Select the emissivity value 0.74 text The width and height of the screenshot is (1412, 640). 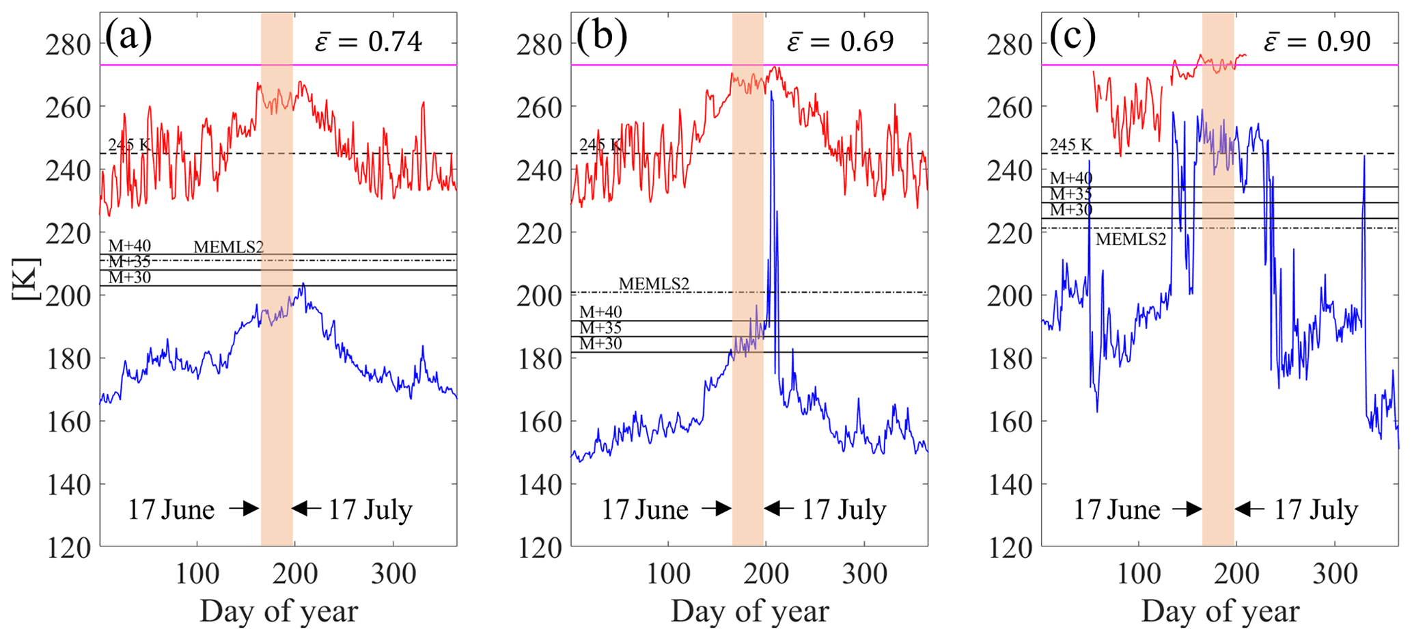(395, 42)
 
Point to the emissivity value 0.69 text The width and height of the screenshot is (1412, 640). (866, 42)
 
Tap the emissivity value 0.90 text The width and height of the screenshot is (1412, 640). (1343, 42)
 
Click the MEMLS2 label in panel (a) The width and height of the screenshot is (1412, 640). (228, 248)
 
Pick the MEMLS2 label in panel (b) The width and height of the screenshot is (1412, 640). (654, 284)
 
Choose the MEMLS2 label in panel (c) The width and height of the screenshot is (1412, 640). (1131, 239)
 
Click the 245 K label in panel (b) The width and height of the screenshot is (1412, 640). (600, 145)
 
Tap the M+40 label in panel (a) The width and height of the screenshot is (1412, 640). (130, 246)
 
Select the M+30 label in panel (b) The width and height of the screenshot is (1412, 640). (601, 344)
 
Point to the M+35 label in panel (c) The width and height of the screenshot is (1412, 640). (1071, 194)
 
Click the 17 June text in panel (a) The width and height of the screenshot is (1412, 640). (171, 510)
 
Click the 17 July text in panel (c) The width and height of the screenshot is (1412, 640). (1316, 510)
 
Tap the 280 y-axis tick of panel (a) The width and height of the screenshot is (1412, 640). (68, 45)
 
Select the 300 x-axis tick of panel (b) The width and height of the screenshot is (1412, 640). (864, 574)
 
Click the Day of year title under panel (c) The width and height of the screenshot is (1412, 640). (1220, 611)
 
